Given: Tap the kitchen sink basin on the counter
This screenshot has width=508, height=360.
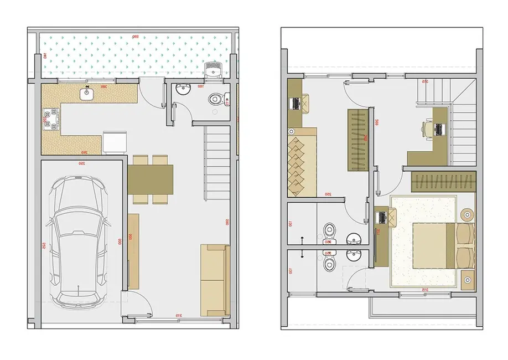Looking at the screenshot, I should (x=87, y=94).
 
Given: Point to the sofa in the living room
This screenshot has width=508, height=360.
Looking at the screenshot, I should (x=215, y=280).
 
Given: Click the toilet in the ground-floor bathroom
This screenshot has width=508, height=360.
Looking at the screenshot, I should (x=216, y=100).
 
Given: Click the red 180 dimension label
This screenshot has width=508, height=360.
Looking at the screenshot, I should (x=200, y=86).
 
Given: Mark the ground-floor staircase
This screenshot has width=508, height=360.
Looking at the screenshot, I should (x=217, y=163).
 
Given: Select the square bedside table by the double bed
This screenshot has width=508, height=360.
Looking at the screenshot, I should (x=468, y=279).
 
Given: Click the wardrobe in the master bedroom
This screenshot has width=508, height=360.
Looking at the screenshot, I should (x=444, y=181).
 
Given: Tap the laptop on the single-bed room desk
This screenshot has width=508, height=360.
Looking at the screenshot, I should (x=296, y=103).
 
